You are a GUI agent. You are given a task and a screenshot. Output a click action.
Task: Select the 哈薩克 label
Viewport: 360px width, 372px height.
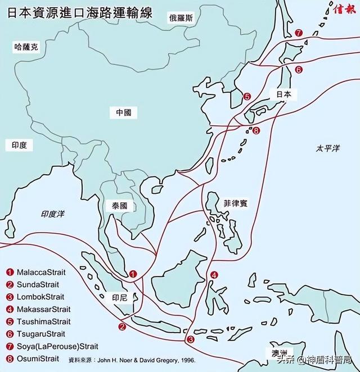click(26, 48)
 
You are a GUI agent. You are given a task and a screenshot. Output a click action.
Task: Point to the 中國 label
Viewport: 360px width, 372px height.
click(123, 112)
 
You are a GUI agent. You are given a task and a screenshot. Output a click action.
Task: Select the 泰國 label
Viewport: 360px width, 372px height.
click(120, 206)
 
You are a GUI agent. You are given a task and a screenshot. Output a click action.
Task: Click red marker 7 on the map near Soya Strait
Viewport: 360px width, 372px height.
click(298, 33)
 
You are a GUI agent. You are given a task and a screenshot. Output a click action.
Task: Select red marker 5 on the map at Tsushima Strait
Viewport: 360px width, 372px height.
click(246, 97)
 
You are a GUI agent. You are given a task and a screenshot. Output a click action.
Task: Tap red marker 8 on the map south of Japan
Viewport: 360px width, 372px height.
click(256, 131)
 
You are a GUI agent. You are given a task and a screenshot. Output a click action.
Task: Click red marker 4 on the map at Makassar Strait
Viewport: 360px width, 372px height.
click(214, 275)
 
